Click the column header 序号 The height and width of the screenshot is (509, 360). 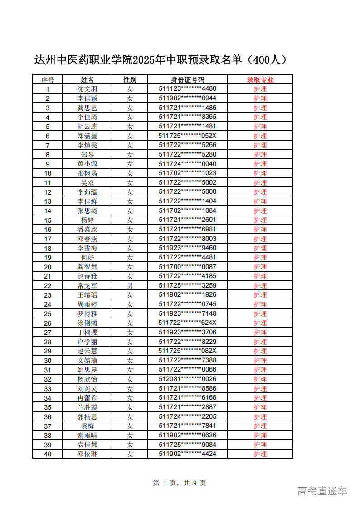[x=48, y=80]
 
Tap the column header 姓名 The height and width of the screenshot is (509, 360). [x=87, y=80]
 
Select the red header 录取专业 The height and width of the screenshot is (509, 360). [x=260, y=80]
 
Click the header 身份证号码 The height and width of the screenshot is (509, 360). [x=188, y=80]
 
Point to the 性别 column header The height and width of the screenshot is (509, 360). [x=130, y=80]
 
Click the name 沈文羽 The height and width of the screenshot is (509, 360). [x=87, y=89]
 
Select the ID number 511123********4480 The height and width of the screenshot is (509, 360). [x=188, y=89]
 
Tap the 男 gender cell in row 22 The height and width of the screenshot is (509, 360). [x=130, y=286]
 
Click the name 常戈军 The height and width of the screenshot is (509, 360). [x=87, y=286]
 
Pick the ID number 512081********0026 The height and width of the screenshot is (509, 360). [x=188, y=379]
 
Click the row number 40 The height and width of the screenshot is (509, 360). [x=48, y=454]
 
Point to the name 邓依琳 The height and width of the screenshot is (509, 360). [x=87, y=454]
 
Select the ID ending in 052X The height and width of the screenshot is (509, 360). [x=188, y=136]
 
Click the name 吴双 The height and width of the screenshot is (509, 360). [x=87, y=183]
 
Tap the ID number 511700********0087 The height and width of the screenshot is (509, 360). [x=188, y=267]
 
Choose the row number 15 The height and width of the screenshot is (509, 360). [x=48, y=220]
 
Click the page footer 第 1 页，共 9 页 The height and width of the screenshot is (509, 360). [x=180, y=483]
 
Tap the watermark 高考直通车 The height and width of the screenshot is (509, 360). [x=322, y=491]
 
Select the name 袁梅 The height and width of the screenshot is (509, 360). [x=87, y=426]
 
